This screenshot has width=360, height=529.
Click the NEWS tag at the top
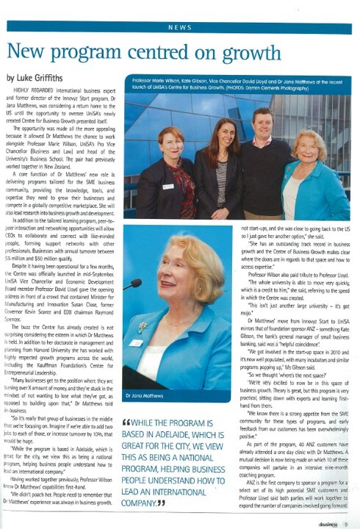(x=180, y=27)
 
